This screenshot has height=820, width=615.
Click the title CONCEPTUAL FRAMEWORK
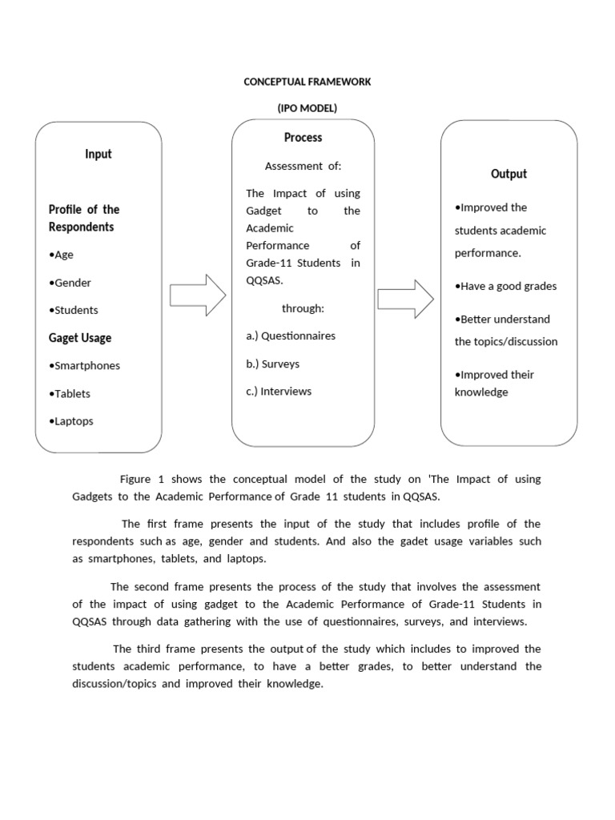click(307, 82)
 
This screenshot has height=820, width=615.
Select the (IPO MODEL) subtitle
click(307, 108)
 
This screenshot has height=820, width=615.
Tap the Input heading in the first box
click(98, 154)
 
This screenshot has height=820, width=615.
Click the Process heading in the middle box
click(303, 138)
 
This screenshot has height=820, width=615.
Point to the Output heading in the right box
click(508, 174)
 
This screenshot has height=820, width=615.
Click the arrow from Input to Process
click(198, 295)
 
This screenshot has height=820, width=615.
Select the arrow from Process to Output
click(405, 299)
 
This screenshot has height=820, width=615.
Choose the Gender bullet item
click(70, 283)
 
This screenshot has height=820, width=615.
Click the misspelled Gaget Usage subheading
click(80, 338)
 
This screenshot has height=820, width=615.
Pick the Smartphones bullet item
click(84, 366)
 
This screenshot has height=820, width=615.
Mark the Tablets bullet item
click(70, 393)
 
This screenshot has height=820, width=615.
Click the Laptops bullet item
click(71, 421)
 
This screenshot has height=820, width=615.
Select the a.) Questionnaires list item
click(291, 336)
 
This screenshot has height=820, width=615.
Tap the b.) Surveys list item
click(273, 364)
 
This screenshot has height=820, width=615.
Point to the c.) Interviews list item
click(279, 392)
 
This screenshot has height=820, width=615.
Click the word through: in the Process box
click(303, 308)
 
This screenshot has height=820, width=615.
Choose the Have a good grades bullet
click(505, 286)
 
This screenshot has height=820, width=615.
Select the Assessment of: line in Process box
click(303, 166)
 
